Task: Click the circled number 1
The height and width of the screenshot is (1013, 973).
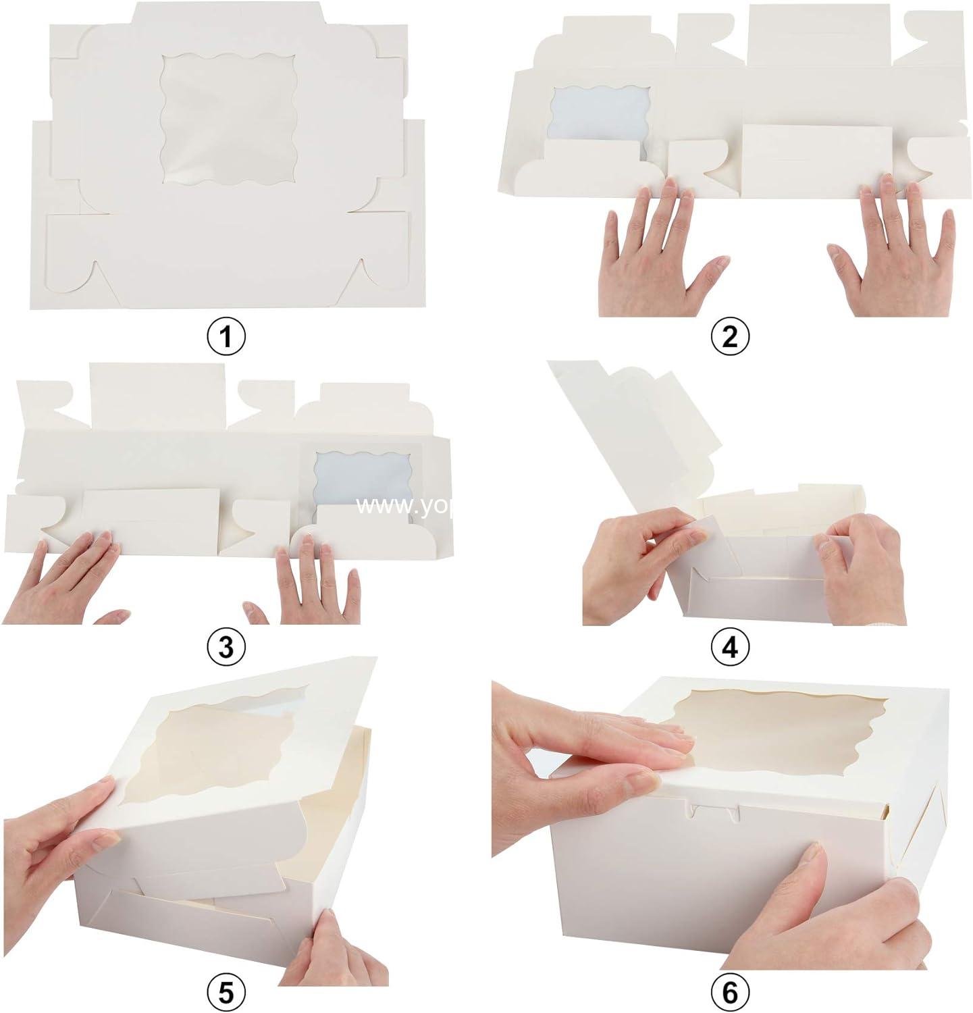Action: click(226, 336)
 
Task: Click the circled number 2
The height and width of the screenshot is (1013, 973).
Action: click(729, 336)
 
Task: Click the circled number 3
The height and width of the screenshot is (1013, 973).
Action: click(226, 648)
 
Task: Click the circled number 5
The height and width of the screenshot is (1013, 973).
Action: click(226, 993)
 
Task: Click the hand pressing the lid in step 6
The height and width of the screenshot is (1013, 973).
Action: click(587, 736)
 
